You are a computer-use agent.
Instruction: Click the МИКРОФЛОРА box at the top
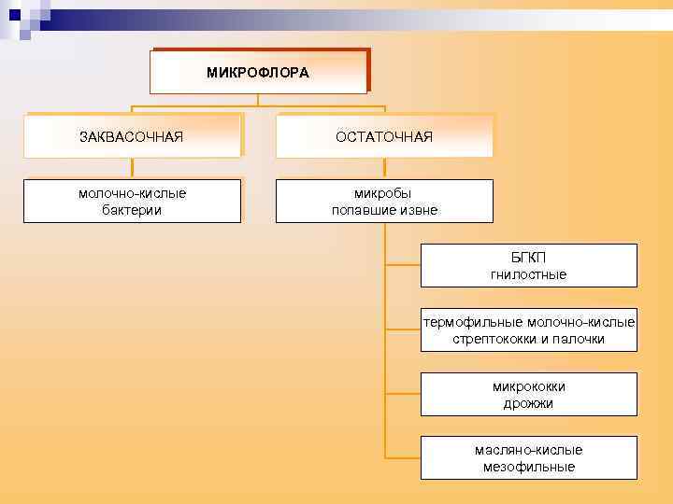[x=258, y=72]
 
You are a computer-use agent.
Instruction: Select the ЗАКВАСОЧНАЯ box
[x=132, y=137]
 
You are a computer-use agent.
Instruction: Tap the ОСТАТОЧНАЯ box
[x=384, y=137]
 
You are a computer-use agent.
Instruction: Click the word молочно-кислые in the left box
[x=132, y=193]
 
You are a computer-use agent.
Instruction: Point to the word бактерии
[x=132, y=210]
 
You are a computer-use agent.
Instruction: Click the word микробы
[x=384, y=193]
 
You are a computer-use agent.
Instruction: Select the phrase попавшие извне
[x=384, y=210]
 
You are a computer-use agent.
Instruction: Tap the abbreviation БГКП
[x=528, y=258]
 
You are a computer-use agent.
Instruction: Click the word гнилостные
[x=528, y=274]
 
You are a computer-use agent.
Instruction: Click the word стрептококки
[x=493, y=339]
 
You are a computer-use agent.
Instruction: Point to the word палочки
[x=580, y=339]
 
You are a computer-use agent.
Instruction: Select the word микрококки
[x=528, y=386]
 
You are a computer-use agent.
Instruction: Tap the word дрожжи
[x=528, y=403]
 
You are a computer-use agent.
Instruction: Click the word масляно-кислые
[x=528, y=450]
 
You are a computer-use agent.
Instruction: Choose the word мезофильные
[x=528, y=467]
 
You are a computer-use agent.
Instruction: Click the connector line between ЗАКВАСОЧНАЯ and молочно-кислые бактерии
[x=132, y=168]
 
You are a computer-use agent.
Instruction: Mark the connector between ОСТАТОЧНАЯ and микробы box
[x=384, y=168]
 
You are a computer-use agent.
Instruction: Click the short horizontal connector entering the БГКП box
[x=403, y=265]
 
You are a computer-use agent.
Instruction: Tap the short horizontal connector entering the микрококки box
[x=403, y=394]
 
